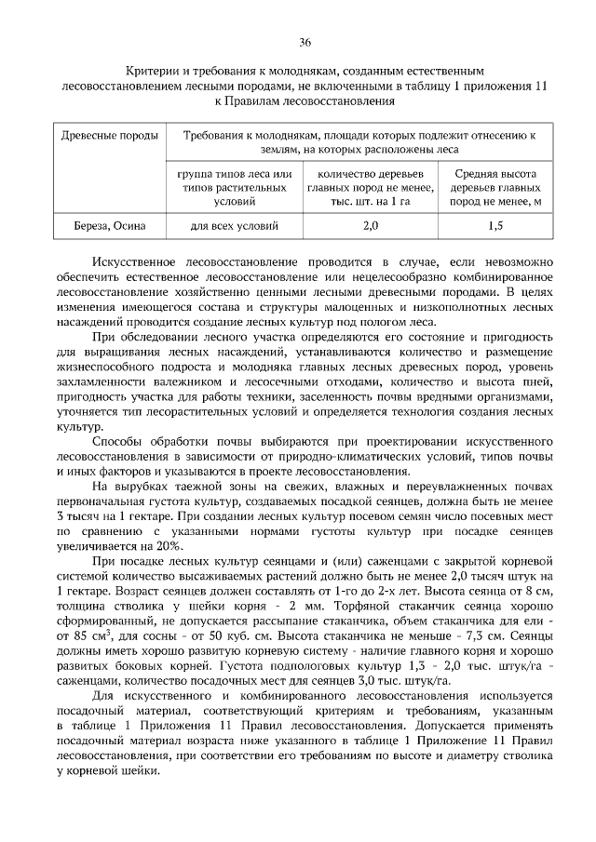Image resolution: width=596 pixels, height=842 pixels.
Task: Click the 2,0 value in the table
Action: point(371,225)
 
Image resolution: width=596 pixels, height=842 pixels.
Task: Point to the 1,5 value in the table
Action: point(494,225)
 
